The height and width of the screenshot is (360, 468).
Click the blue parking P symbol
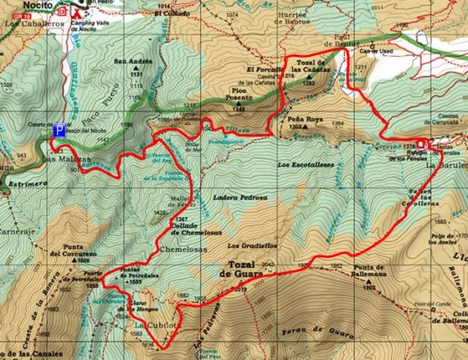point(58,130)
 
